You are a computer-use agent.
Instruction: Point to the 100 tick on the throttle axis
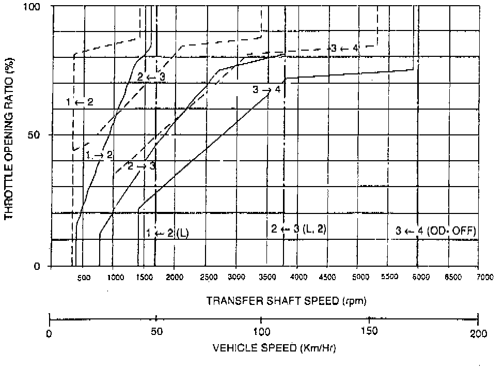[34, 6]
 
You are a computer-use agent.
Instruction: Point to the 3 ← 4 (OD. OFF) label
[436, 231]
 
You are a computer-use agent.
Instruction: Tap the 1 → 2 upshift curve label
[99, 154]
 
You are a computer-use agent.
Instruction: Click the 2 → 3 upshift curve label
[141, 166]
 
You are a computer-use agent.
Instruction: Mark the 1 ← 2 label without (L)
[80, 102]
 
